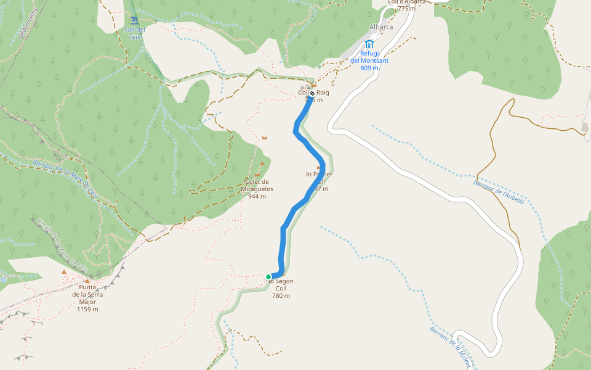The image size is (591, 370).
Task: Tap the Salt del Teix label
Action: [x=134, y=33]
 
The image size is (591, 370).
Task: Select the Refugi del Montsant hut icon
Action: [x=369, y=44]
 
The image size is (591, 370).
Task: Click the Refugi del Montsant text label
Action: [x=369, y=60]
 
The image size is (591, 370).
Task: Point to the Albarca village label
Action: [x=380, y=27]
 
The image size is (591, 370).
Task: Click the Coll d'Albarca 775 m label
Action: [x=406, y=5]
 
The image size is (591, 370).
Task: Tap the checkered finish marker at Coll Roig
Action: [x=312, y=93]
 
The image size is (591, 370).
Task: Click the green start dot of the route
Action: [x=268, y=277]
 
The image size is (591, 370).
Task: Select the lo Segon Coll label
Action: [x=281, y=288]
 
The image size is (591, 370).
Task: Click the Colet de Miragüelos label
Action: [x=257, y=189]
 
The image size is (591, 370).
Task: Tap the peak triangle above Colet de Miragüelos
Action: [x=262, y=163]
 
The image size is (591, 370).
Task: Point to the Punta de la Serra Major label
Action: [x=87, y=298]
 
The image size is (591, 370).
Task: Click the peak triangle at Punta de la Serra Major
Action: [x=64, y=272]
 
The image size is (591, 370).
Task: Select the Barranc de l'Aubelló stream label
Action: [x=498, y=196]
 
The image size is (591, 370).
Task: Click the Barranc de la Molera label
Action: [x=451, y=347]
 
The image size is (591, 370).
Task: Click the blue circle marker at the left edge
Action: [x=3, y=279]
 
